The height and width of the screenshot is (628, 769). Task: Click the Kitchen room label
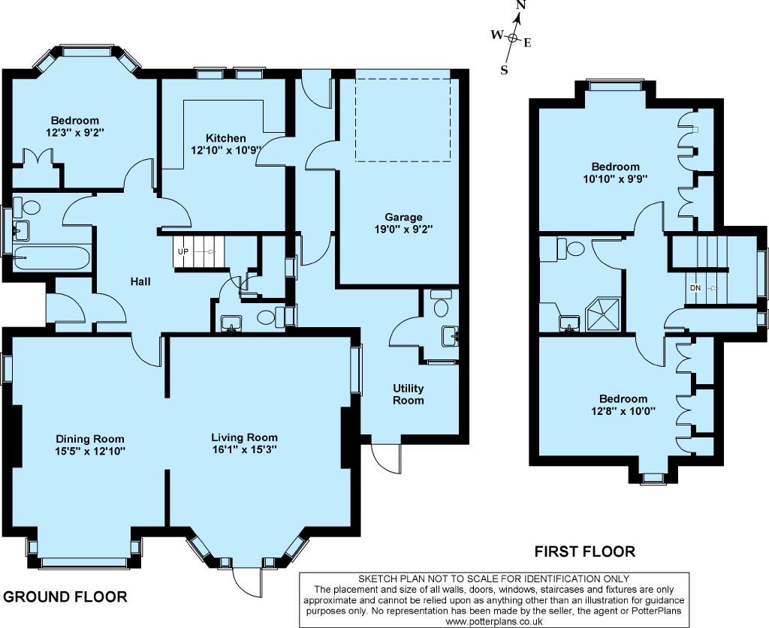coord(225,138)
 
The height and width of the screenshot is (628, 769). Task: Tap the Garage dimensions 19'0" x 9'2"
coord(403,229)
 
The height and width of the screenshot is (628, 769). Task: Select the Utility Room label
coord(408,395)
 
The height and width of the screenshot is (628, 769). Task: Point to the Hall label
coord(140,281)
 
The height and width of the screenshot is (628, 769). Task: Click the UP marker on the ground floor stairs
coord(183,252)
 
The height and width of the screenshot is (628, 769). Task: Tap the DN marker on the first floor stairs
coord(695,288)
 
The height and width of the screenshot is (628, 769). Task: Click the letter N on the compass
coord(521,6)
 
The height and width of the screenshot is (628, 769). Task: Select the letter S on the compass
coord(504,70)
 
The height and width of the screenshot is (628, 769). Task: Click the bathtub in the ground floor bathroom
coord(52,257)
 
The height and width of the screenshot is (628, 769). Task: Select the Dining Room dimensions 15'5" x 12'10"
coord(90,451)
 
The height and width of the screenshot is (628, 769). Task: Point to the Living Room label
coord(244,437)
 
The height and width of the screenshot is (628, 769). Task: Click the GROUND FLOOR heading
coord(65,596)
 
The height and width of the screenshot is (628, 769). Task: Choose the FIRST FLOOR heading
coord(584,551)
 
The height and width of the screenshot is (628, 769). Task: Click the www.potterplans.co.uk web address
coord(494,621)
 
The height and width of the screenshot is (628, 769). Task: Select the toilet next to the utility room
coord(442,303)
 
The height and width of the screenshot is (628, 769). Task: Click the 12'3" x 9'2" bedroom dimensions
coord(75,132)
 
